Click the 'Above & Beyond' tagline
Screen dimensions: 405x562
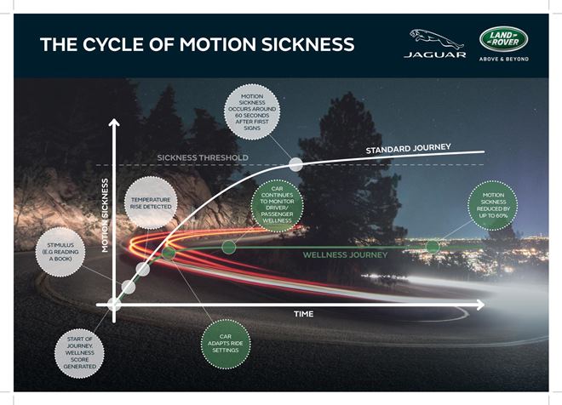504,59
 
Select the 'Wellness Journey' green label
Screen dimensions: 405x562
346,254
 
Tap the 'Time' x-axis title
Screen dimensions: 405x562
304,314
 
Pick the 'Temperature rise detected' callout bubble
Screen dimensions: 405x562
150,202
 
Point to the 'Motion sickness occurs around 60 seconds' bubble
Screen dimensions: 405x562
250,111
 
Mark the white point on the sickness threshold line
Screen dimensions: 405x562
295,164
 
